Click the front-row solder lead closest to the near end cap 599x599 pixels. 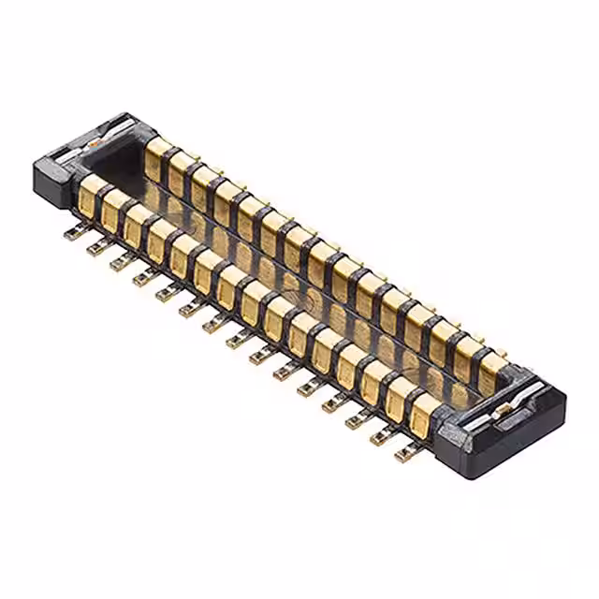pos(404,454)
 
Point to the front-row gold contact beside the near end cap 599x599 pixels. pos(423,413)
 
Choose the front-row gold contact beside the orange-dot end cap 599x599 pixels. pos(91,196)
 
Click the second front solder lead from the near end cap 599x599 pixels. pos(381,437)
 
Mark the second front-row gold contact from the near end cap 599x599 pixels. pos(400,397)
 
